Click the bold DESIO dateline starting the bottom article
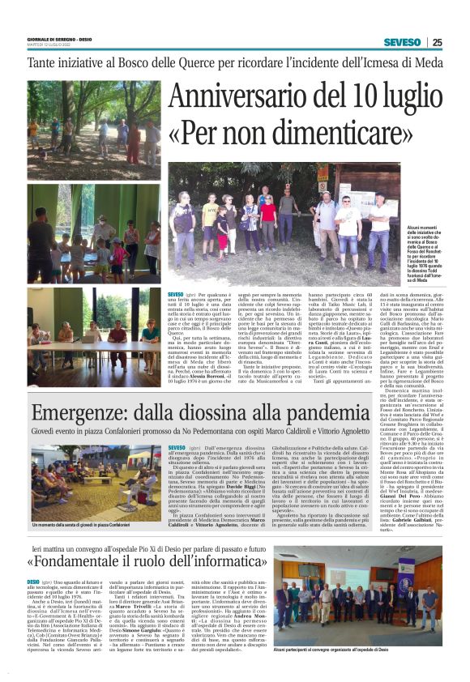[x=34, y=582]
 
